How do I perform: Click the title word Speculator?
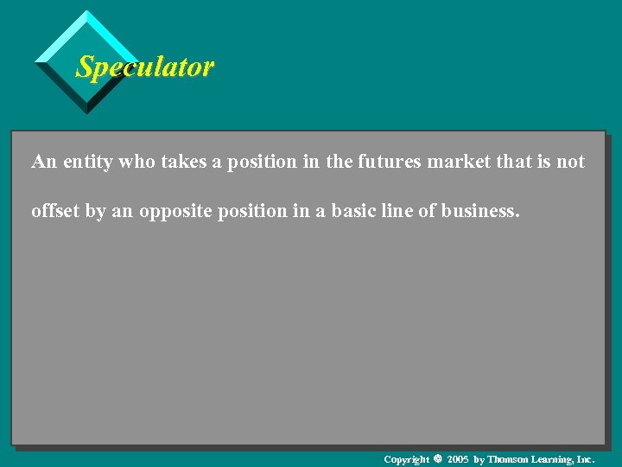tap(144, 67)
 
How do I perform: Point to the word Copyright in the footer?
tap(406, 459)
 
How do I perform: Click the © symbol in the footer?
tap(436, 459)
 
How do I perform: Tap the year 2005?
tap(458, 459)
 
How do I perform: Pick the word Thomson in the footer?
tap(508, 459)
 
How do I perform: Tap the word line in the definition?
tap(404, 210)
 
